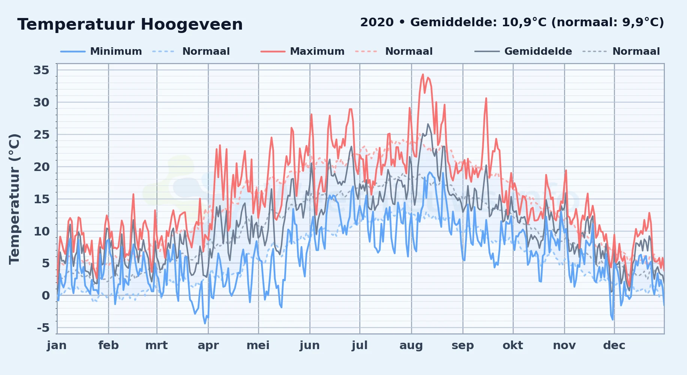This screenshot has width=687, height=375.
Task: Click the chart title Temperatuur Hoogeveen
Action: point(130,24)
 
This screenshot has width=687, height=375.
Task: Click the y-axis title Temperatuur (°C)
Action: point(15,199)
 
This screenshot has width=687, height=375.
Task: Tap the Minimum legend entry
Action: point(101,51)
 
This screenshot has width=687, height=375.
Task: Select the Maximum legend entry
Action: point(303,51)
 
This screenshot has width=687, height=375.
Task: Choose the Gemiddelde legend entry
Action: point(523,51)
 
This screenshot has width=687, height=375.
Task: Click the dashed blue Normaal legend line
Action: point(163,51)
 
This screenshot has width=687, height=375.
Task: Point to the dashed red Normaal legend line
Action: point(366,51)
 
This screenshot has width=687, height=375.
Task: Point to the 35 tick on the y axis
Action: point(41,70)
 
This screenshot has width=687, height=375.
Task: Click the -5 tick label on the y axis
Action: point(43,328)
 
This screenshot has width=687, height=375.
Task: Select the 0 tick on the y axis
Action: point(46,296)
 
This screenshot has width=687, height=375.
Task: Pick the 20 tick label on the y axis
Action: point(41,167)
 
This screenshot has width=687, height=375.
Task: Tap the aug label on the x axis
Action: point(411,346)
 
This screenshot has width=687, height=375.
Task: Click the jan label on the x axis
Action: point(57,346)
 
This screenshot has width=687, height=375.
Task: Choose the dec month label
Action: point(614,345)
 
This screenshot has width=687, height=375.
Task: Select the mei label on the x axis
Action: point(258,345)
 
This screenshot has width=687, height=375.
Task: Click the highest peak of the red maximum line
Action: point(423,74)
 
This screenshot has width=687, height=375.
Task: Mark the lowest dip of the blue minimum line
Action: point(205,323)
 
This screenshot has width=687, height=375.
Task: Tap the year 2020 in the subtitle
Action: point(377,22)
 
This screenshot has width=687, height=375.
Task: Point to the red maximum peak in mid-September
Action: point(486,98)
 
